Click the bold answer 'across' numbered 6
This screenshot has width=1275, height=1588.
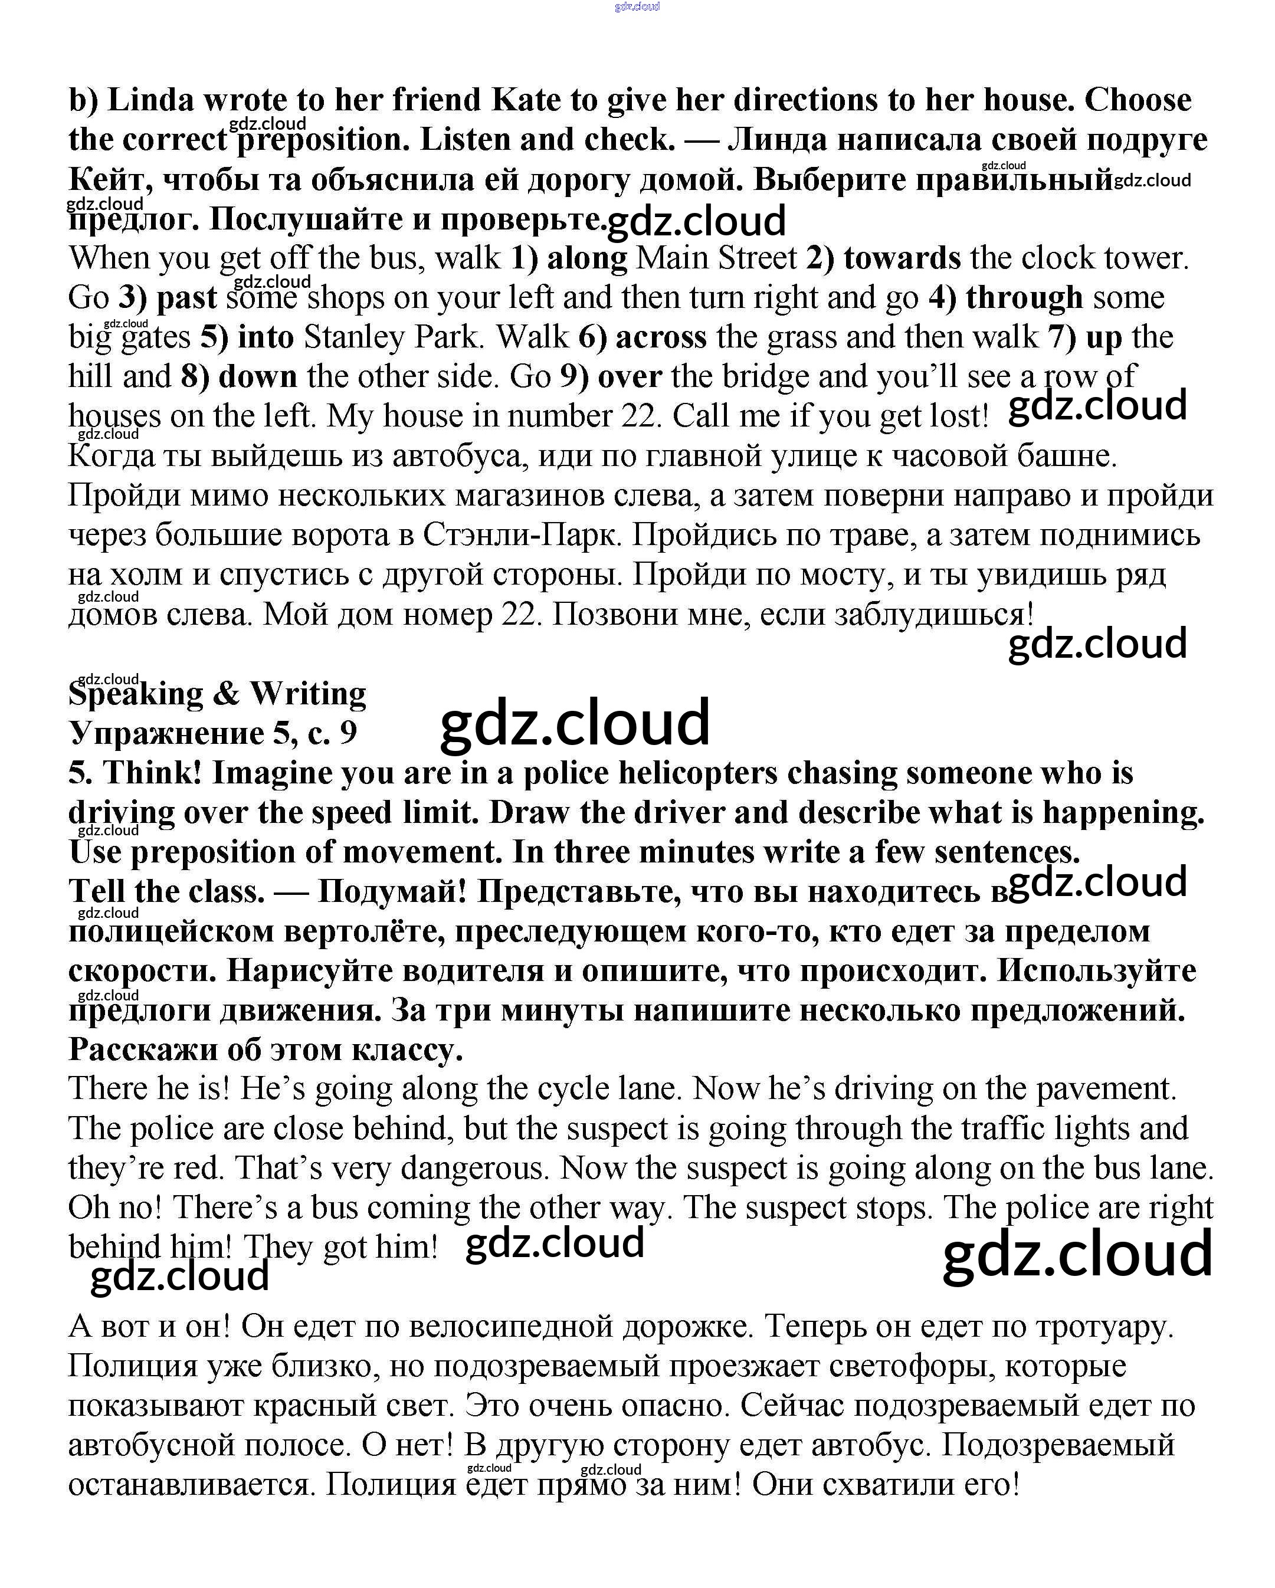(x=661, y=337)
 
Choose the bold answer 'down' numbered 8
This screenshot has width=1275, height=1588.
(x=258, y=377)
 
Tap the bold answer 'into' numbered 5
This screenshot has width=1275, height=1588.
(x=266, y=337)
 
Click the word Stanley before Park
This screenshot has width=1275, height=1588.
(x=353, y=337)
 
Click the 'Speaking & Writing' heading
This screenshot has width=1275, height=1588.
(x=217, y=694)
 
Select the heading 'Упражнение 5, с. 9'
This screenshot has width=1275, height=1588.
(x=213, y=733)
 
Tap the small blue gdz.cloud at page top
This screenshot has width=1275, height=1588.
(x=637, y=6)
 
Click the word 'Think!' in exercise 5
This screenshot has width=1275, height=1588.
(x=152, y=773)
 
